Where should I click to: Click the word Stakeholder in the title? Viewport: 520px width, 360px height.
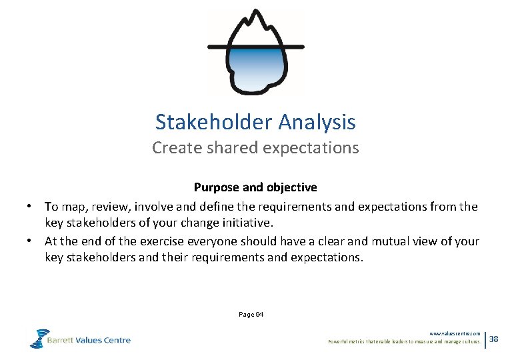click(214, 122)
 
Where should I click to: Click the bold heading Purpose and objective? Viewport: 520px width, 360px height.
click(255, 187)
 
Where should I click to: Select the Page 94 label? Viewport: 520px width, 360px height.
click(251, 314)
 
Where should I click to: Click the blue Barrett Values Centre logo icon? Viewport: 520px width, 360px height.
click(39, 338)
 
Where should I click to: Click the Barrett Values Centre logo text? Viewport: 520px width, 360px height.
click(89, 340)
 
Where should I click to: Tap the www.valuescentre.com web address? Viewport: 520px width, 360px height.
click(455, 333)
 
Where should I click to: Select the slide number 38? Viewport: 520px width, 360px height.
click(494, 339)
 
